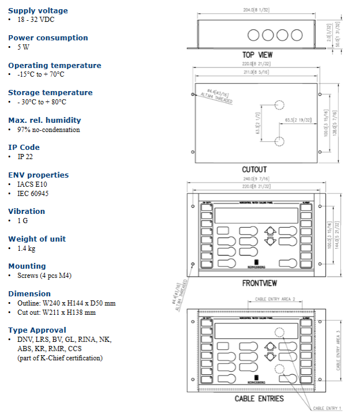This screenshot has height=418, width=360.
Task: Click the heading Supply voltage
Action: tap(37, 10)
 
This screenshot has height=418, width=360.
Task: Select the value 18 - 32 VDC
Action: tap(36, 20)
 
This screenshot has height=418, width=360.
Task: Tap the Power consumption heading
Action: tap(48, 37)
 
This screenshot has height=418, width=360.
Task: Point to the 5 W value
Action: tap(23, 47)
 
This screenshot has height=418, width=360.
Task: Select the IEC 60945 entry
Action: tap(33, 193)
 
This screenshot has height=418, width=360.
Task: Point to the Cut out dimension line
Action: tap(56, 312)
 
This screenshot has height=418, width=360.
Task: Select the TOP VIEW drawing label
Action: tap(257, 55)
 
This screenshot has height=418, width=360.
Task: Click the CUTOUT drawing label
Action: tap(254, 170)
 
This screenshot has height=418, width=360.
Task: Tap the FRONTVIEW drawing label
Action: tap(259, 283)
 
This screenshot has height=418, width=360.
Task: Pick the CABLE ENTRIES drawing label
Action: tap(259, 398)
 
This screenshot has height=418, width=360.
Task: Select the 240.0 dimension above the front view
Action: tap(256, 179)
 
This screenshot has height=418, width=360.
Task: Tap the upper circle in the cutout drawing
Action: tap(279, 106)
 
